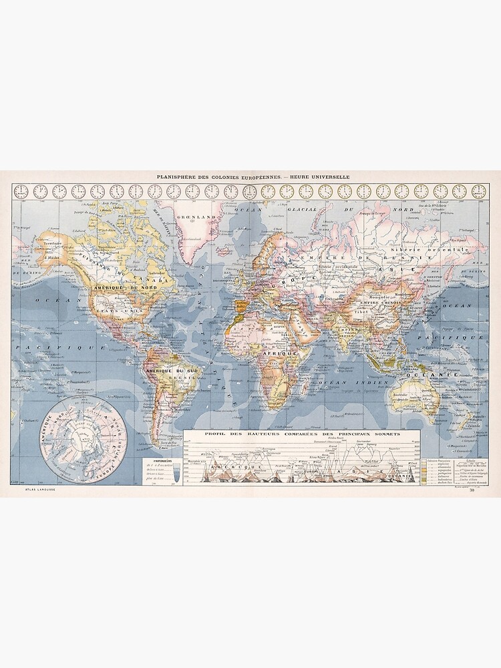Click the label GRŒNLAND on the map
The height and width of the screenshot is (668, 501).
pyautogui.click(x=191, y=217)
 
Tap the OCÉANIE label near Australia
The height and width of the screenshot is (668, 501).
pyautogui.click(x=438, y=375)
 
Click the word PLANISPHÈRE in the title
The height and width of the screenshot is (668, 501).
pyautogui.click(x=175, y=177)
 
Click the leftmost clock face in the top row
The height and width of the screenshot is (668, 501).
pyautogui.click(x=21, y=191)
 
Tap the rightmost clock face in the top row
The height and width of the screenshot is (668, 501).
pyautogui.click(x=479, y=191)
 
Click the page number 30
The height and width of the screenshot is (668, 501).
pyautogui.click(x=472, y=492)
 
